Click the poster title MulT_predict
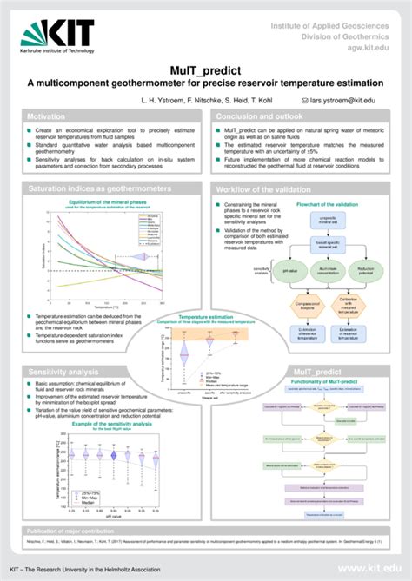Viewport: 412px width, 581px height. point(205,69)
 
